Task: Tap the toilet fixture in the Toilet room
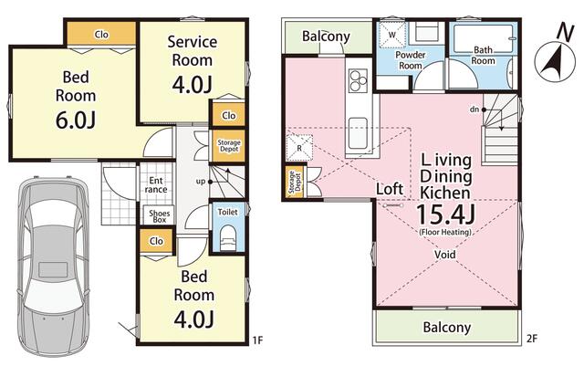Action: tap(227, 238)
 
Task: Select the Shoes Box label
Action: tap(160, 216)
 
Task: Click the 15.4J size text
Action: tap(445, 214)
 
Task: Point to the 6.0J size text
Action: tap(76, 120)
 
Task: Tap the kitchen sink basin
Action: tap(359, 132)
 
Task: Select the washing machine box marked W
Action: tap(392, 35)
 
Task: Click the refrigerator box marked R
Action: tap(299, 148)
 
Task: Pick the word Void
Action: tap(444, 255)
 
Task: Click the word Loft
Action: tap(390, 189)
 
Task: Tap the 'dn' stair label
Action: tap(474, 110)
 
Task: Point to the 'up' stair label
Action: tap(201, 182)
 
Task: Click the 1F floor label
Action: tap(257, 340)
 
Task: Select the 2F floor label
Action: tap(532, 339)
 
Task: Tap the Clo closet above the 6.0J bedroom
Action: tap(101, 34)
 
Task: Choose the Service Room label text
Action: tap(193, 51)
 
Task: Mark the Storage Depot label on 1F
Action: tap(229, 146)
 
